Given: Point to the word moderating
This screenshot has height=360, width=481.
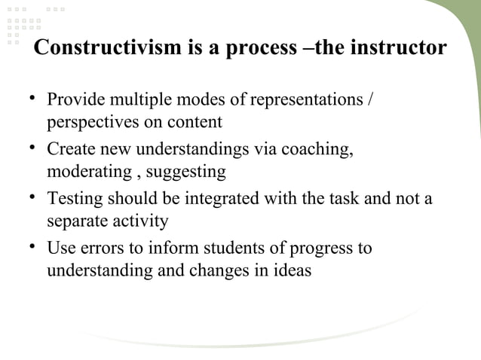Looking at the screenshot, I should (x=89, y=172).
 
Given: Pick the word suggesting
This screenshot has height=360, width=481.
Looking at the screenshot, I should (x=185, y=172).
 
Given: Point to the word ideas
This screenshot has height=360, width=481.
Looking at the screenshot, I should (x=290, y=270).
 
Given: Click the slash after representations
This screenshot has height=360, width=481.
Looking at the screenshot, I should (x=368, y=100).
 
